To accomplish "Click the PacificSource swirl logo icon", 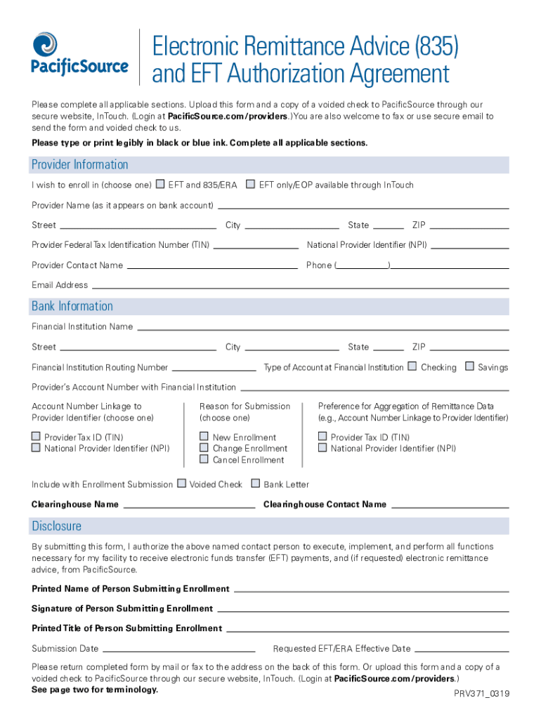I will coord(45,44).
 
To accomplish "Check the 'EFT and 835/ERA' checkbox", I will coord(160,185).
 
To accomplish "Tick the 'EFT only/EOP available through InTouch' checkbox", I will coord(251,185).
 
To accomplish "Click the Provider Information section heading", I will coord(79,165).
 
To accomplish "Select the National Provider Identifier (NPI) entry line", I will coord(469,247).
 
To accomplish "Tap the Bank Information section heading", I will coord(72,307).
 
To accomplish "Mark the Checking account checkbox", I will coord(412,367).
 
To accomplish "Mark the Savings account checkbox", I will coord(469,367).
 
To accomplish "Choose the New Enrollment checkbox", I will coord(204,437).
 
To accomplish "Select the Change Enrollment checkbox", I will coord(204,448).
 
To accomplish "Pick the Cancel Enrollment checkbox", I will coord(204,459).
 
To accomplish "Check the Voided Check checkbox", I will coord(181,484).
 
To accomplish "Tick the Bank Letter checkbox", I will coord(256,484).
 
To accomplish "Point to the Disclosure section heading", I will coord(56,527).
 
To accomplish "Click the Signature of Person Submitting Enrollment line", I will coord(362,610).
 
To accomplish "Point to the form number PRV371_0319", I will coord(482,694).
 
